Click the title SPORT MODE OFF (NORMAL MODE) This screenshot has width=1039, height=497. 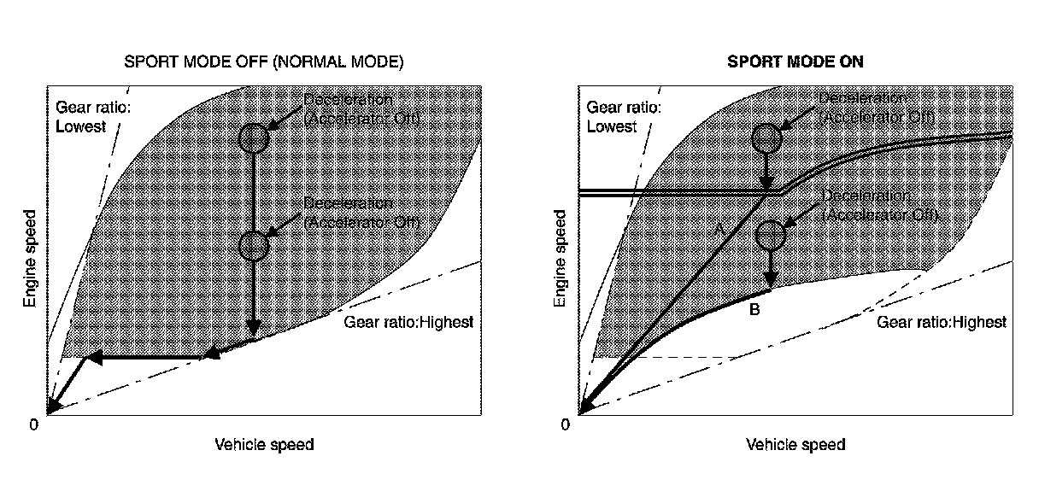pos(263,62)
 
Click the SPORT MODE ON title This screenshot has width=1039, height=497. pos(795,62)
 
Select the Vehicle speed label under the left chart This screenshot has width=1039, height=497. pos(264,445)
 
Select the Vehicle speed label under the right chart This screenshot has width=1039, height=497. pos(795,445)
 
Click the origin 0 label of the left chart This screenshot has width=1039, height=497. pos(34,424)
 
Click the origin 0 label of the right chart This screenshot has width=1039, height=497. pos(565,424)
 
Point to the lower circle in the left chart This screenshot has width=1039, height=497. pos(254,245)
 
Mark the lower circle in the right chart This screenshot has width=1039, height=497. pos(770,232)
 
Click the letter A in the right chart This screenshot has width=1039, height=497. pos(719,229)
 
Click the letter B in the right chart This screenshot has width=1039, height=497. pos(754,310)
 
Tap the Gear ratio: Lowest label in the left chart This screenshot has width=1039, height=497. pos(82,118)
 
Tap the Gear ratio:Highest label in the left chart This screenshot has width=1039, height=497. pos(408,322)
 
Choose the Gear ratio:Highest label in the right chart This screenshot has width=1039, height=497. pos(942,322)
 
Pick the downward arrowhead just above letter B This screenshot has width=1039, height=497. pos(770,283)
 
